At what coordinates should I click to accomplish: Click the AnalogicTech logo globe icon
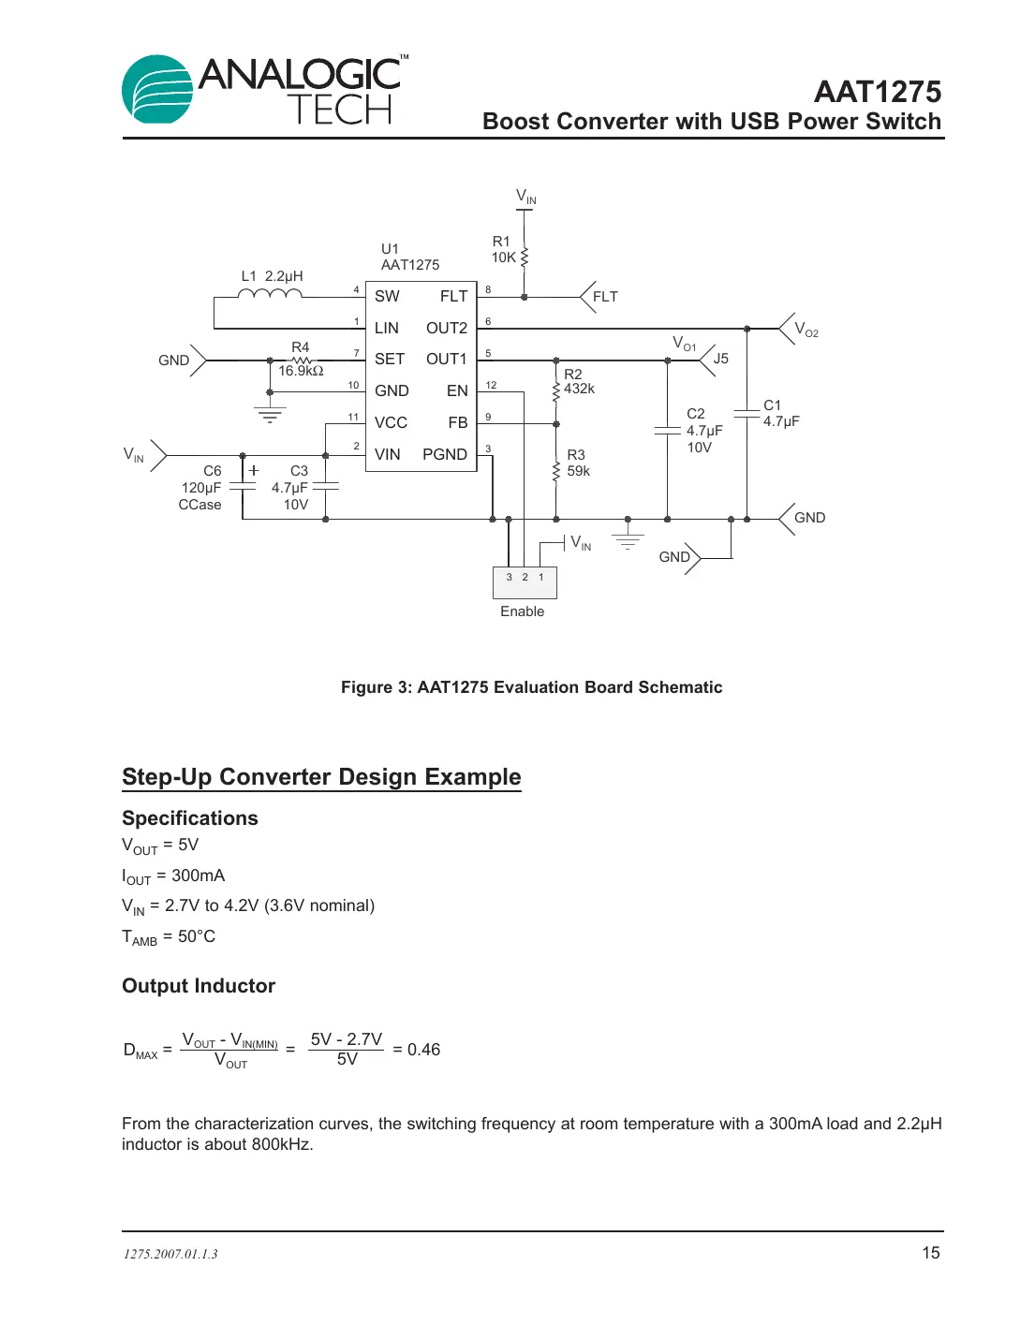coord(157,90)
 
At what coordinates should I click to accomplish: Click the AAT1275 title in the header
coord(877,92)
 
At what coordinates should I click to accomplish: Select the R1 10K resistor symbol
coord(525,257)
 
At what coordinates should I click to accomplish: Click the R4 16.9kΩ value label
coord(301,371)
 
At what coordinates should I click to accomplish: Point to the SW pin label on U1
coord(387,297)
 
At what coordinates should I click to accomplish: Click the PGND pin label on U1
coord(444,454)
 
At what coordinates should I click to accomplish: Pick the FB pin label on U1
coord(457,423)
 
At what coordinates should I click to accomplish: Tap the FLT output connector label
coord(605,297)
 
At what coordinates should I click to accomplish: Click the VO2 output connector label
coord(806,330)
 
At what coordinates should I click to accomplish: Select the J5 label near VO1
coord(720,359)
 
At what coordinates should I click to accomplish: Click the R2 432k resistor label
coord(579,382)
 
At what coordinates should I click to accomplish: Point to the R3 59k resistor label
coord(578,463)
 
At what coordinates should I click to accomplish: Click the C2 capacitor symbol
coord(667,430)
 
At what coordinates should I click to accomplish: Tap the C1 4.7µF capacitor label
coord(780,413)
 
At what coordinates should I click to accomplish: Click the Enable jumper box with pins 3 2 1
coord(525,582)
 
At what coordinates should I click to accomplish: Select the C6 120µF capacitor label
coord(201,488)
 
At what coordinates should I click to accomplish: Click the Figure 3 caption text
coord(531,687)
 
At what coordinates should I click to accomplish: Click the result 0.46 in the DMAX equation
coord(423,1050)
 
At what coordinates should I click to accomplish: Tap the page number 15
coord(930,1253)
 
